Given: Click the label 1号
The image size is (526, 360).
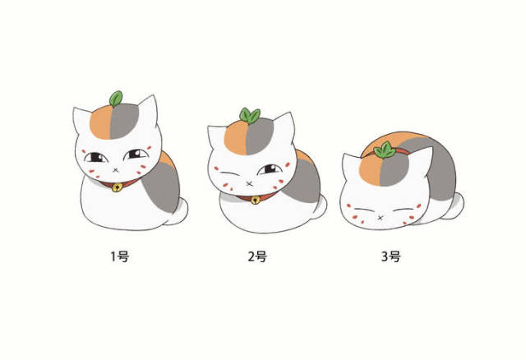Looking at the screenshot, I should [120, 256].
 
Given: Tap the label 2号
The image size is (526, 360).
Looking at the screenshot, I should [257, 256].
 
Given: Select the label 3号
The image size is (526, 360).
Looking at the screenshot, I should [391, 256].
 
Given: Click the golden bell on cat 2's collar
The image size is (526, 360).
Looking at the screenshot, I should [256, 200].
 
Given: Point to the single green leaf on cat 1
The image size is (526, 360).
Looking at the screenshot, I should [116, 99].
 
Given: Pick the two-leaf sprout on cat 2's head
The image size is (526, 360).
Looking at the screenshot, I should [249, 116].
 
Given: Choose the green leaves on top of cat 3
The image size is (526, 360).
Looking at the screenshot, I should [384, 150].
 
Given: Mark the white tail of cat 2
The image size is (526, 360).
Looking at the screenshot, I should [321, 205].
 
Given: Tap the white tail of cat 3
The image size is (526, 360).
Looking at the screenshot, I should [457, 202].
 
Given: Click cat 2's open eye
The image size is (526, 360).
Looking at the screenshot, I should [268, 169].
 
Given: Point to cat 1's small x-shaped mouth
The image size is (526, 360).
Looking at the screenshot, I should [112, 169].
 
